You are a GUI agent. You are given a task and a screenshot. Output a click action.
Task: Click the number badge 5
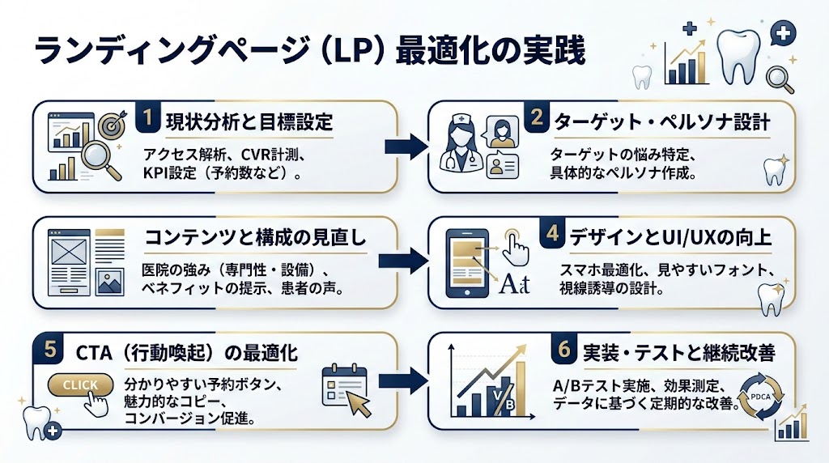click(50, 349)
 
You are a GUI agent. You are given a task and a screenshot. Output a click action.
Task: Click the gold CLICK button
click(79, 385)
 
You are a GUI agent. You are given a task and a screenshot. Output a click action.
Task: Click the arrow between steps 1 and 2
click(406, 147)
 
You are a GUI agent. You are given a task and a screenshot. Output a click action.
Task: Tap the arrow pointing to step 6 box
click(406, 379)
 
